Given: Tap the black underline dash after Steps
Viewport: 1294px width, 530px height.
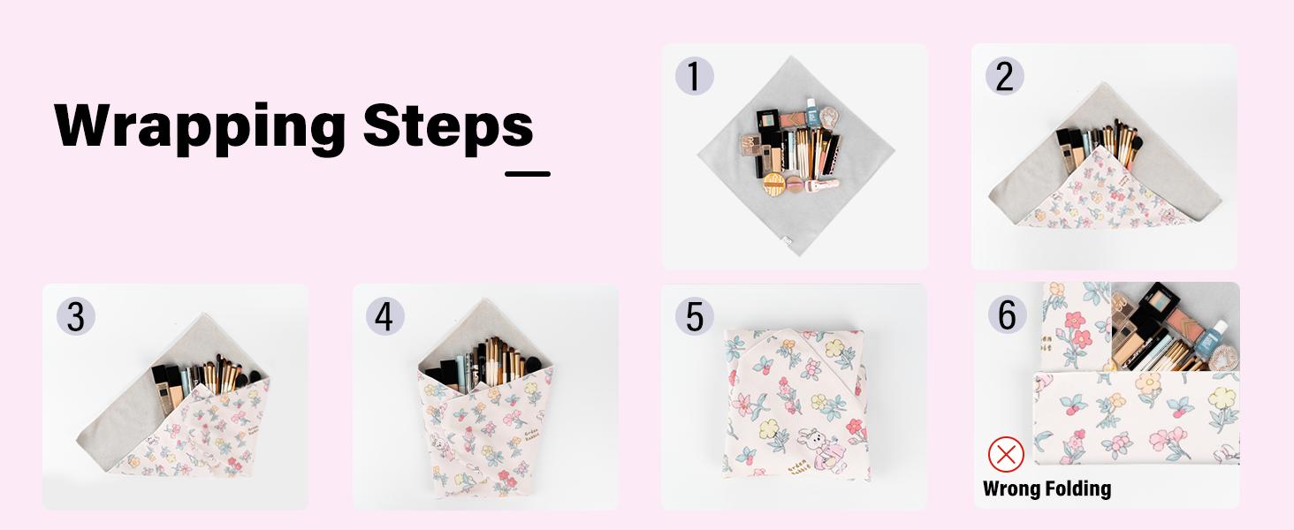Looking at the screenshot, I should point(528,174).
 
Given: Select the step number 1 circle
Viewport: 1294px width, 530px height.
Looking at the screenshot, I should point(695,77).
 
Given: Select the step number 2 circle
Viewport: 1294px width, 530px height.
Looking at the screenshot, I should point(1004,77).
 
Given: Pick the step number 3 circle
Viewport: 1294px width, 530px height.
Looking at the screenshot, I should point(75,316).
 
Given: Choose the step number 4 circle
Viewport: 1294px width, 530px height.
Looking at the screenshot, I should point(384,316).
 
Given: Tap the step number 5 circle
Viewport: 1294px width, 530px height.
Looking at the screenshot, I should point(695,316).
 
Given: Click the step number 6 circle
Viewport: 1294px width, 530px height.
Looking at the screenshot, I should point(1007,314).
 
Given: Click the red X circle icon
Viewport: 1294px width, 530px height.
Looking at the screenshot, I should point(1005,455).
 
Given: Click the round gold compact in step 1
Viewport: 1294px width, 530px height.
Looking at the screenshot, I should point(775,184).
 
